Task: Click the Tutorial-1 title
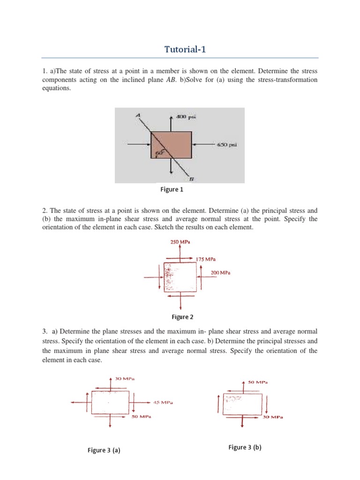coord(180,49)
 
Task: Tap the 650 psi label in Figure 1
coord(227,145)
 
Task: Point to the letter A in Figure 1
coord(138,114)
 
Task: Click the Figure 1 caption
coord(172,189)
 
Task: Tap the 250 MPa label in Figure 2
coord(180,242)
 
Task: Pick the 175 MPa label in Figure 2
coord(206,259)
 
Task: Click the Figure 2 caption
coord(182,317)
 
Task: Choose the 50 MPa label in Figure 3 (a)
coord(141,416)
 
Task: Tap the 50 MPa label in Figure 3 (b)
coord(258,382)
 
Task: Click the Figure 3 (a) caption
coord(104,450)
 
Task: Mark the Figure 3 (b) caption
coord(245,447)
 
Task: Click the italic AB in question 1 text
coord(254,80)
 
